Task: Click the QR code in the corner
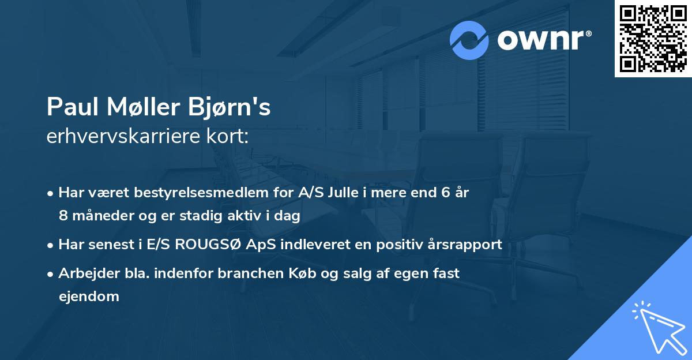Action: (x=653, y=39)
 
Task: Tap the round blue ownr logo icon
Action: (x=469, y=40)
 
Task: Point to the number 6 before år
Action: (x=445, y=193)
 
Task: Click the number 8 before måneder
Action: (x=63, y=216)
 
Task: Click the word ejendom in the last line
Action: (x=89, y=297)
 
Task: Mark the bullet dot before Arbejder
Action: (x=51, y=274)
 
